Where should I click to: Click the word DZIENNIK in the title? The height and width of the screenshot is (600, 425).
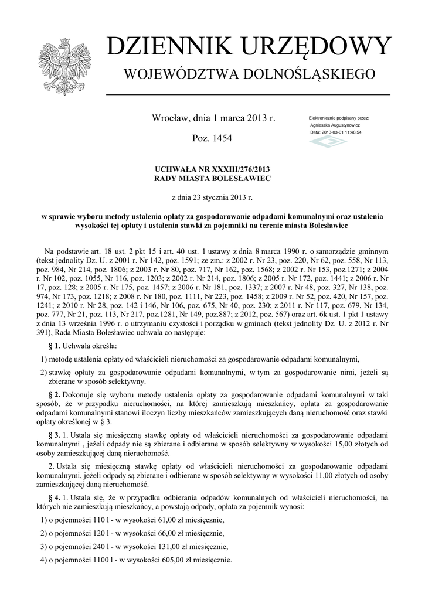click(163, 46)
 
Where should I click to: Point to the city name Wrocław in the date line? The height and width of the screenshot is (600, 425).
click(169, 118)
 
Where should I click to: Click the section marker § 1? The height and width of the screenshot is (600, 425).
click(53, 347)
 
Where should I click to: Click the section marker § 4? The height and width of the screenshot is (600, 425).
click(53, 497)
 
